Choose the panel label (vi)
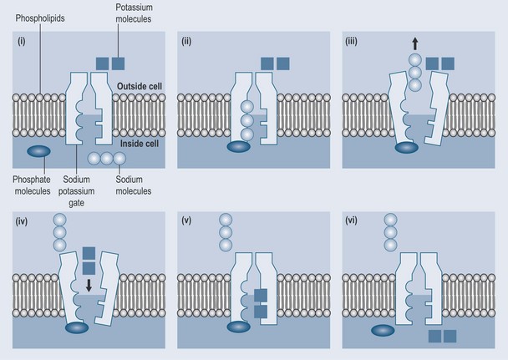354,220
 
